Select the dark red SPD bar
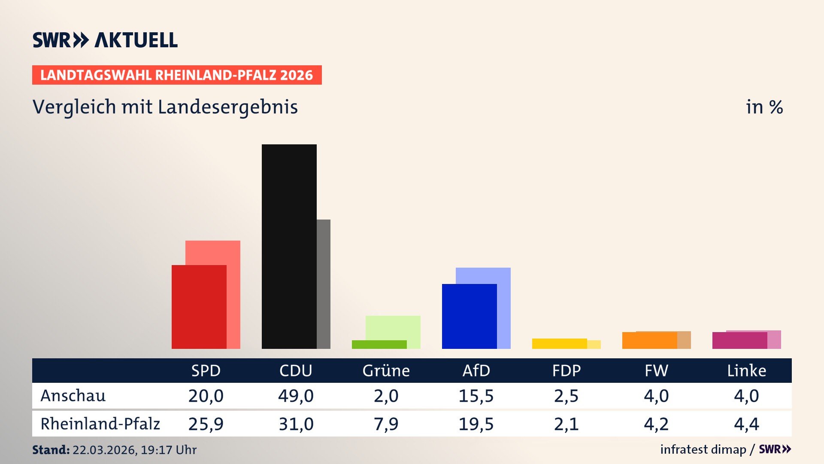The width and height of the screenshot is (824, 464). (199, 307)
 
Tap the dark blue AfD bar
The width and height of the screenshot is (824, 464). (469, 316)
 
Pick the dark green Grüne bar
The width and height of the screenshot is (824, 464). (379, 345)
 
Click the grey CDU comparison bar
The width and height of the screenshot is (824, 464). (324, 284)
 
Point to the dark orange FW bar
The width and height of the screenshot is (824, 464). (649, 341)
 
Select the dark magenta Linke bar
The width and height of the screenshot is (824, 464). (739, 341)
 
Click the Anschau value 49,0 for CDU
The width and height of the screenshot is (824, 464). (296, 396)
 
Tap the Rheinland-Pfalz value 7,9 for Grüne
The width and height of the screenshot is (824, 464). (386, 424)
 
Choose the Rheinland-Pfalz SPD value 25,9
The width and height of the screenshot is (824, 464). (206, 424)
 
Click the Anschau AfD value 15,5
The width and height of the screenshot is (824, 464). (476, 396)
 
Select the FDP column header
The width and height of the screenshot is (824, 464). (566, 371)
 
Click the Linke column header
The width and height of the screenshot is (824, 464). (746, 371)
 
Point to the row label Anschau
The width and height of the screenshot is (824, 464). (73, 396)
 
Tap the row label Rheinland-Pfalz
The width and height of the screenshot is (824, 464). (100, 424)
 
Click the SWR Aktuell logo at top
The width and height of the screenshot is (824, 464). (105, 40)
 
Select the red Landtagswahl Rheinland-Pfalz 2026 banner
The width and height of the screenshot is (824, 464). (176, 75)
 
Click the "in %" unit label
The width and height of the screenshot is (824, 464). (764, 107)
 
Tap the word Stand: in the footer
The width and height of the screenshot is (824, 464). (51, 450)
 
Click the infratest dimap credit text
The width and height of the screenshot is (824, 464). (703, 449)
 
